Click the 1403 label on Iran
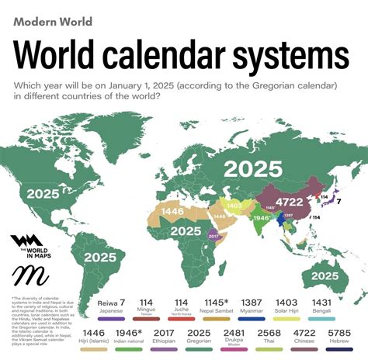coord(233,204)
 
